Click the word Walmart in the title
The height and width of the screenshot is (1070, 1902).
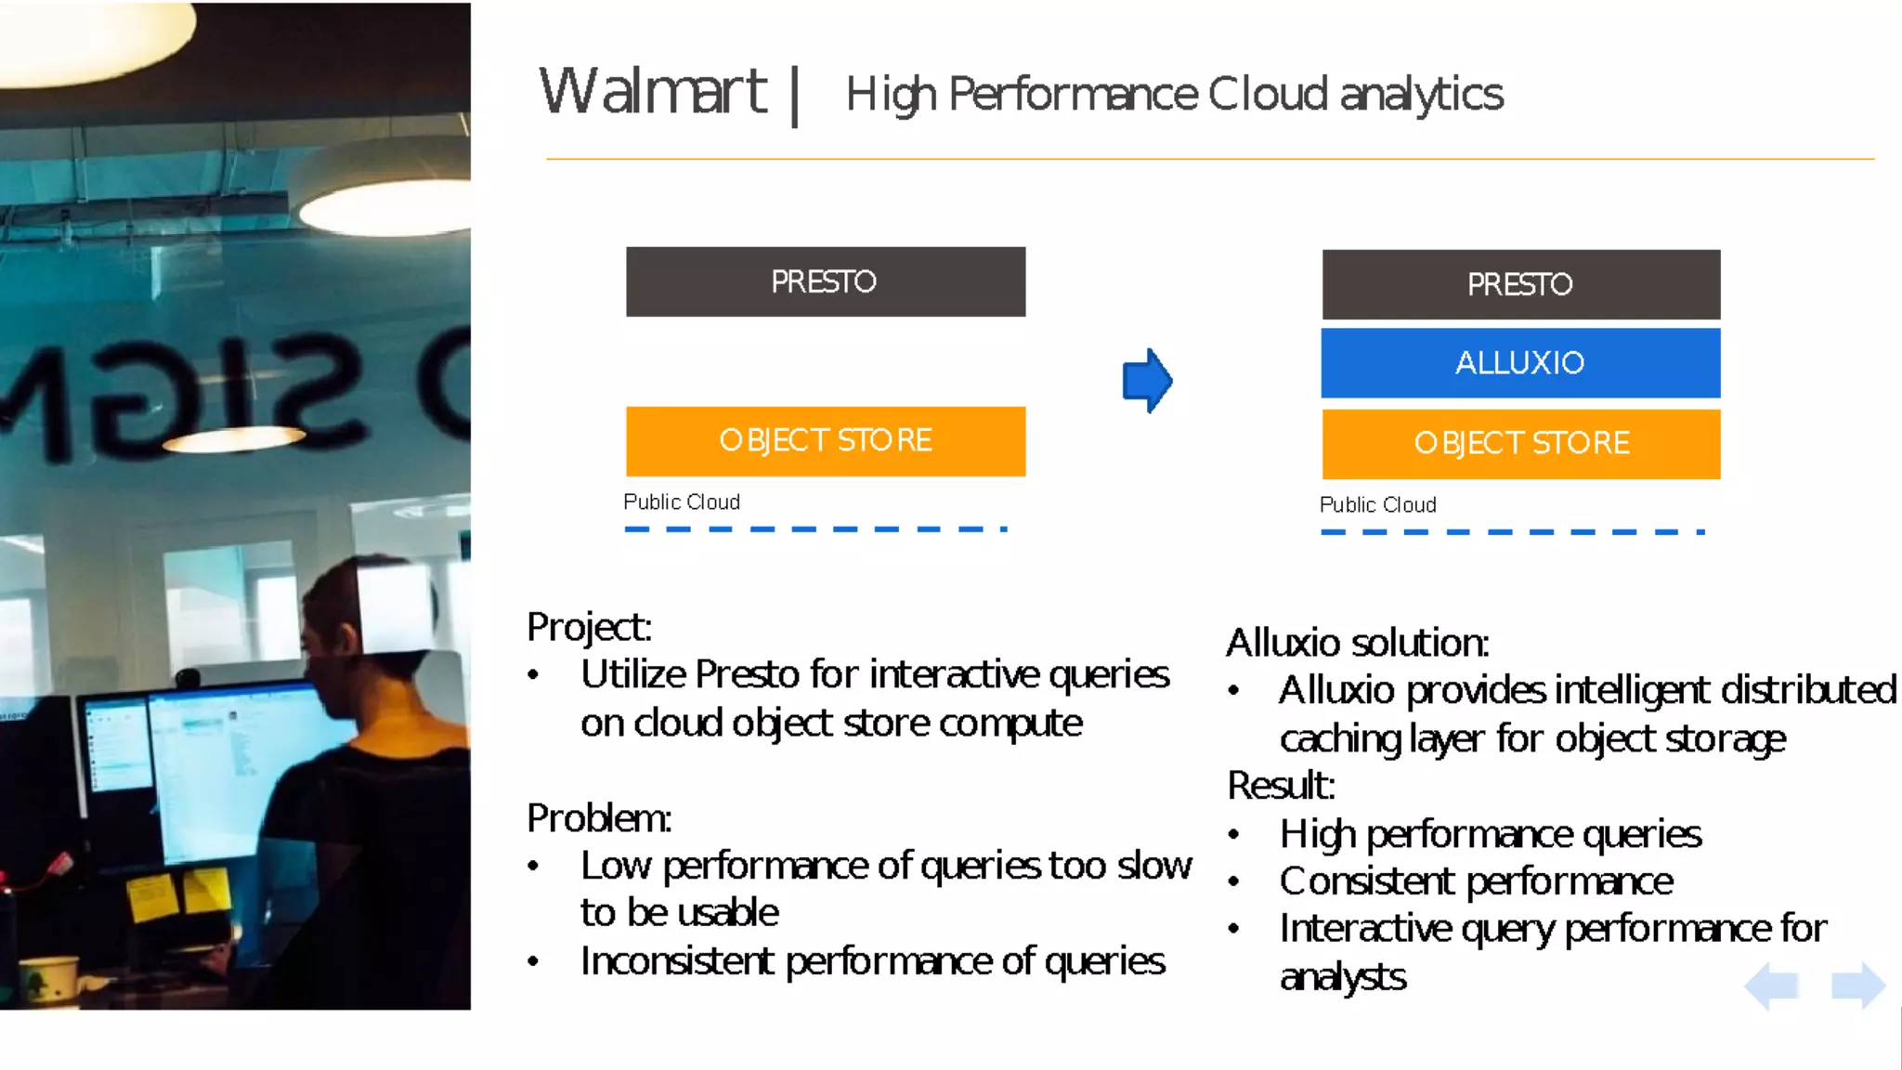(654, 92)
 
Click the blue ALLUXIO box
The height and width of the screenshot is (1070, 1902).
(1520, 362)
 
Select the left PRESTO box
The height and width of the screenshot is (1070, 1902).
(825, 281)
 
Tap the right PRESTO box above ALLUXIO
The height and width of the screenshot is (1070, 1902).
(1520, 284)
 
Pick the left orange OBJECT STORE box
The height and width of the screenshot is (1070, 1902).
(825, 441)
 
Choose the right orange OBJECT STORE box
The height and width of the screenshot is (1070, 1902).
(1520, 444)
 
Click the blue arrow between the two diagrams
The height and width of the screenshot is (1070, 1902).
(1148, 380)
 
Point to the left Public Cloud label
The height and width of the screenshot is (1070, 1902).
(682, 502)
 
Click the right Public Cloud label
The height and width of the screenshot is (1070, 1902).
(1378, 505)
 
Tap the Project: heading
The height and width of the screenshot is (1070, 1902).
(589, 627)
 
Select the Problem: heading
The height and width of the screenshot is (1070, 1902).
(598, 818)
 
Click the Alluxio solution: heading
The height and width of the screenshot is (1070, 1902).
(1357, 643)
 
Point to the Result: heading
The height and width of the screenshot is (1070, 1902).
(1281, 786)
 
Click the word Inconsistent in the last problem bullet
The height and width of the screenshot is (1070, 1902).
(676, 961)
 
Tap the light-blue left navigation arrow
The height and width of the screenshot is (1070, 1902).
(1773, 985)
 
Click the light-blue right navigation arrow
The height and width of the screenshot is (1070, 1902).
(1857, 985)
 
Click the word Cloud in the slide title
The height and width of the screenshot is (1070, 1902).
(1268, 94)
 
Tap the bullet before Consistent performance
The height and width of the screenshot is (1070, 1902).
(1233, 881)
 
